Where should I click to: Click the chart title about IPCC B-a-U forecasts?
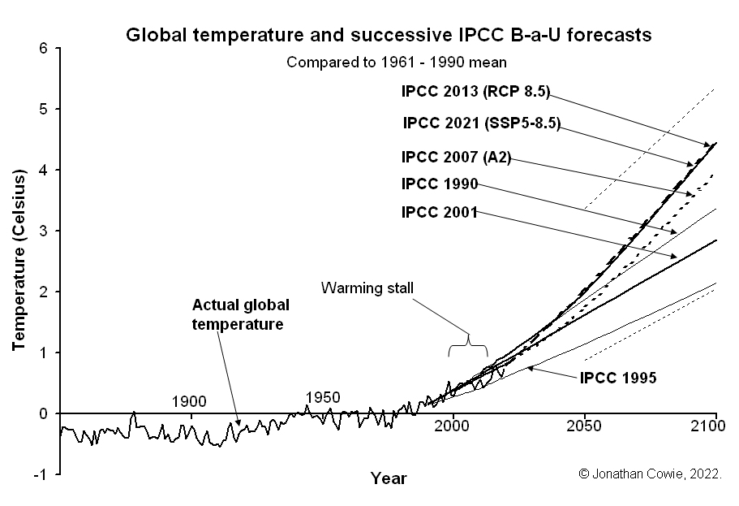(388, 36)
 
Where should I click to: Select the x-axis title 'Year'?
(389, 478)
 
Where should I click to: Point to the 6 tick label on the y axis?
(44, 49)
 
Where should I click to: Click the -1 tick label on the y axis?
(41, 474)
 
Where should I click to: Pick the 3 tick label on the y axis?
(44, 231)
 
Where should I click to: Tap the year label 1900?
(189, 401)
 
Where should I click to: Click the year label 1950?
(322, 397)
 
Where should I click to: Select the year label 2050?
(584, 426)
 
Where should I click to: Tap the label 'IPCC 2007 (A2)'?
(456, 157)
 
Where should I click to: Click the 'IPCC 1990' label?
(440, 184)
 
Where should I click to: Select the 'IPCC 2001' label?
(440, 213)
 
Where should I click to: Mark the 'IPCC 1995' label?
(617, 377)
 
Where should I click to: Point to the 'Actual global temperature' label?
(240, 314)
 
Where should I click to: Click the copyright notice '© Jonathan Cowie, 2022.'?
(650, 474)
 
